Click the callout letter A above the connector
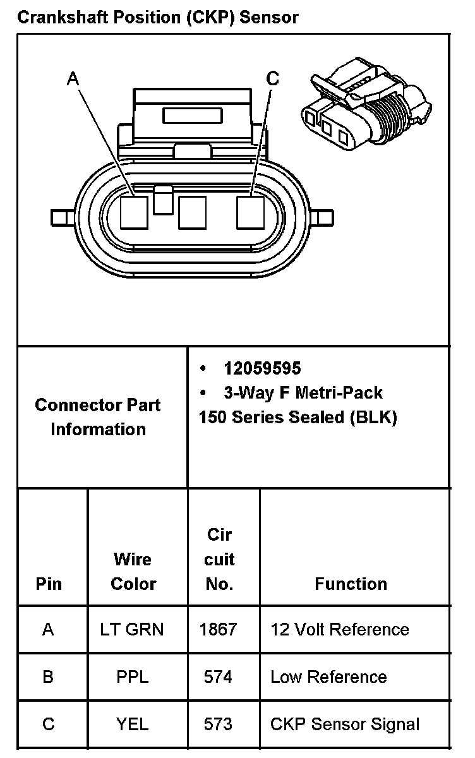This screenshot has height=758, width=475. [73, 78]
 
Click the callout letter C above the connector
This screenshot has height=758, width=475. [273, 78]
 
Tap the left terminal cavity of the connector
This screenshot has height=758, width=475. [134, 212]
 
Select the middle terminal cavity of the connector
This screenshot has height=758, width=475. [192, 212]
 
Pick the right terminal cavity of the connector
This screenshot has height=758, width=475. [251, 212]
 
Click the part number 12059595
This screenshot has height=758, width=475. [262, 368]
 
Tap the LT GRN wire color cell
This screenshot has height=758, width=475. [132, 629]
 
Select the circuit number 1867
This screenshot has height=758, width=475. [218, 629]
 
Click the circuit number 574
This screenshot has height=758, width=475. [218, 677]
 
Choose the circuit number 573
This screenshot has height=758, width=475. [218, 724]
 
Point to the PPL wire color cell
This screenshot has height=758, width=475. [132, 677]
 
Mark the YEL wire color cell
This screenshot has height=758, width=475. [132, 724]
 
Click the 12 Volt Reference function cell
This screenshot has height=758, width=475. [339, 629]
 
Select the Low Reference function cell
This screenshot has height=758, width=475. [328, 677]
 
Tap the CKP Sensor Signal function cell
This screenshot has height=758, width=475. [344, 724]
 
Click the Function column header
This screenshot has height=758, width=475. [351, 584]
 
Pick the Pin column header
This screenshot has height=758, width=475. [49, 584]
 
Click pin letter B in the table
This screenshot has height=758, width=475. [48, 677]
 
